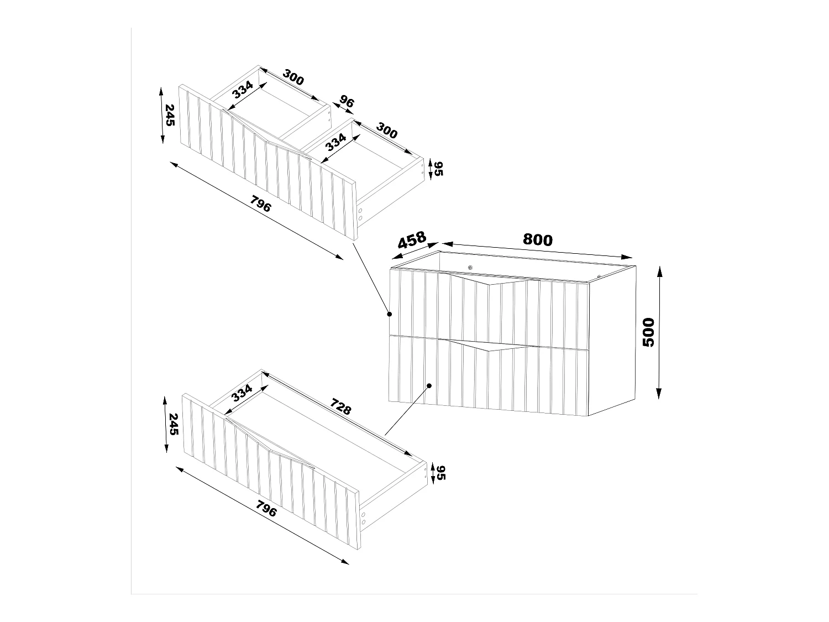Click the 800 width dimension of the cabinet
pyautogui.click(x=537, y=240)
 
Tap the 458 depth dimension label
pyautogui.click(x=412, y=241)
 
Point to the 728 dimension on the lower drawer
pyautogui.click(x=340, y=407)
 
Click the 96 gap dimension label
pyautogui.click(x=347, y=102)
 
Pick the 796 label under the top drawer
pyautogui.click(x=261, y=205)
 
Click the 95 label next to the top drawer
pyautogui.click(x=439, y=169)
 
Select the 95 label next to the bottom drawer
pyautogui.click(x=440, y=473)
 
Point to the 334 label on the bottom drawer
pyautogui.click(x=242, y=393)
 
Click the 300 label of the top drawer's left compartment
pyautogui.click(x=293, y=77)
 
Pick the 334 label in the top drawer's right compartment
pyautogui.click(x=335, y=142)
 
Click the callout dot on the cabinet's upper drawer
pyautogui.click(x=389, y=314)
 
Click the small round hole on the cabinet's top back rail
pyautogui.click(x=470, y=268)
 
